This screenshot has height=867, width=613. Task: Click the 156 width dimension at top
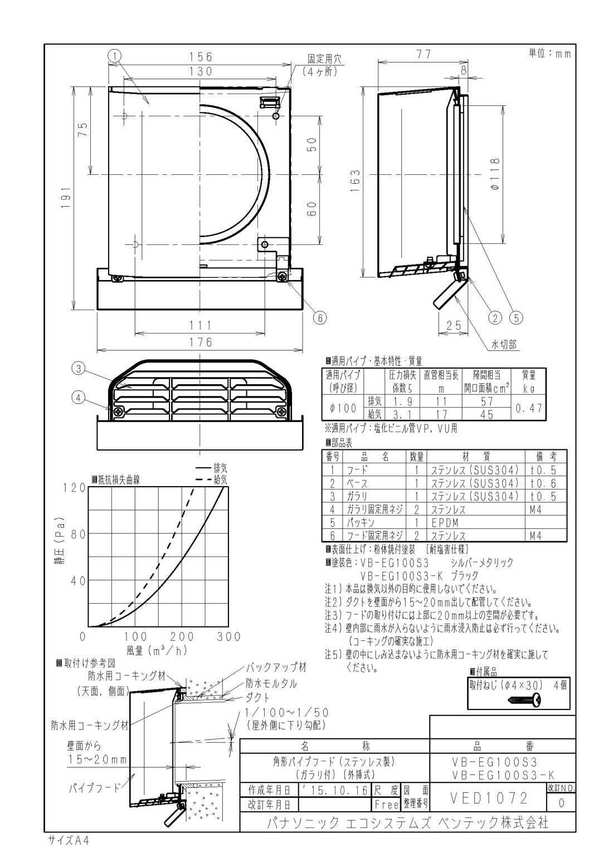201,56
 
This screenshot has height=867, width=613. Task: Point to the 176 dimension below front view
200,342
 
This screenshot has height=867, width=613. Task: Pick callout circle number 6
319,317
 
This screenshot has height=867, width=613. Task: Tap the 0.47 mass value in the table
528,408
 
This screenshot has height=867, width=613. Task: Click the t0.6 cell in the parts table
543,483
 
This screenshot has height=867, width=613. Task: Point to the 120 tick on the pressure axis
74,488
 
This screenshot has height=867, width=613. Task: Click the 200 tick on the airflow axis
182,636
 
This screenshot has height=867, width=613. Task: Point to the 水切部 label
503,345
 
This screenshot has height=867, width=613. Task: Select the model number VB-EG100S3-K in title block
503,775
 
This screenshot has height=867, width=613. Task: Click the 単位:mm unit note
549,53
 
